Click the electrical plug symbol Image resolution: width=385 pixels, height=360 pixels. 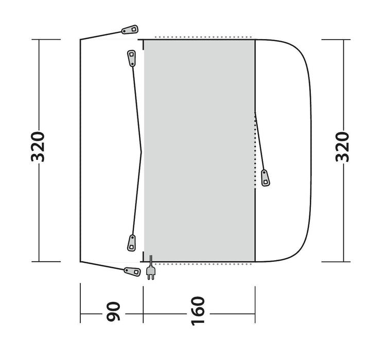pyautogui.click(x=151, y=271)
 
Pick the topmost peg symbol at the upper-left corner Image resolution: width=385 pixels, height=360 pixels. pyautogui.click(x=128, y=29)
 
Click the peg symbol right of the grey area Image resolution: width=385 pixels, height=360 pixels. pyautogui.click(x=266, y=178)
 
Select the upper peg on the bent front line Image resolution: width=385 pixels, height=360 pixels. pyautogui.click(x=131, y=58)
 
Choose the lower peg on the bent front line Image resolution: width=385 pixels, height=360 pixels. pyautogui.click(x=132, y=241)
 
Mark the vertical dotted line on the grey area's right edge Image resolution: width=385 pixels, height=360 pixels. pyautogui.click(x=255, y=149)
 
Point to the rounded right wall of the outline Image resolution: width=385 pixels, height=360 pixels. pyautogui.click(x=311, y=149)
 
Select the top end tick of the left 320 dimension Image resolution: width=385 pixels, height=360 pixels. pyautogui.click(x=39, y=40)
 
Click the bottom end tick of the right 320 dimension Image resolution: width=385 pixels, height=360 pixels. pyautogui.click(x=342, y=261)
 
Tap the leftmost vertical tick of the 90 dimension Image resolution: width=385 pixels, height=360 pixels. pyautogui.click(x=81, y=303)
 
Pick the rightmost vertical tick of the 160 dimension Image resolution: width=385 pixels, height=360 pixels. pyautogui.click(x=255, y=303)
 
